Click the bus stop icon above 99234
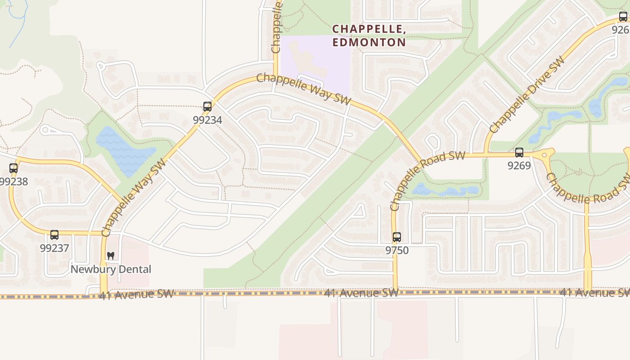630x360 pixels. (207, 107)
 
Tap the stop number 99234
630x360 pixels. (207, 120)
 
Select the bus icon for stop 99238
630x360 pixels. (13, 168)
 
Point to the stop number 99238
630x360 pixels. (13, 181)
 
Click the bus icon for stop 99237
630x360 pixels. (54, 235)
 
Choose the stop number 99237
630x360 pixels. (54, 248)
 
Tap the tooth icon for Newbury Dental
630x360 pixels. (111, 256)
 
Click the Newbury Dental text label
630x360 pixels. (111, 269)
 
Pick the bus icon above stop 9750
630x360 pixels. (396, 237)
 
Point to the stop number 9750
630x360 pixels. (396, 250)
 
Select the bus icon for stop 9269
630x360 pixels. (519, 153)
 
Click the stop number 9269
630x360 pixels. (519, 166)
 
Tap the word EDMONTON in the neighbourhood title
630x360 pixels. (369, 42)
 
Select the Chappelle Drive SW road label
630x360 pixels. (526, 94)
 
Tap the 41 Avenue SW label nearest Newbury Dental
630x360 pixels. (136, 295)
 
